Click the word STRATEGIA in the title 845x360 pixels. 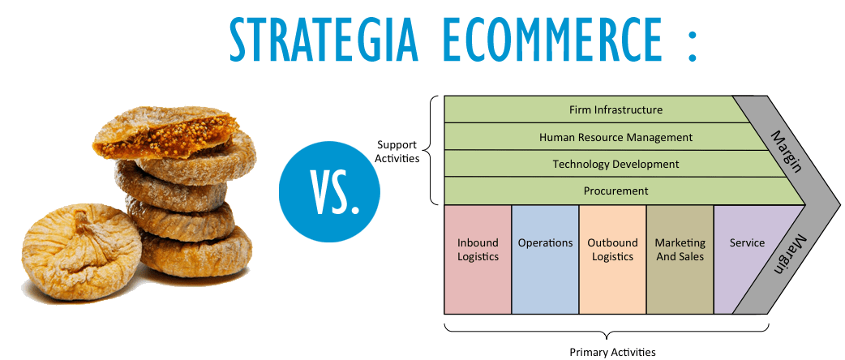(x=324, y=39)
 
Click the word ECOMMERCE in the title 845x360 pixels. (x=554, y=39)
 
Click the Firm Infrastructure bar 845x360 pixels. (x=593, y=109)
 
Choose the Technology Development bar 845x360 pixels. (x=616, y=164)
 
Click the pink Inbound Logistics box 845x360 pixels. (x=478, y=259)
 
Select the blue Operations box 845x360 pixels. (x=545, y=259)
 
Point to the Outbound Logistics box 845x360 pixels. (x=612, y=259)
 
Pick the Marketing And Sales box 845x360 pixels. (x=680, y=259)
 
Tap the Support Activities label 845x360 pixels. (x=397, y=152)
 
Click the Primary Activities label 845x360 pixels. (x=613, y=353)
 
